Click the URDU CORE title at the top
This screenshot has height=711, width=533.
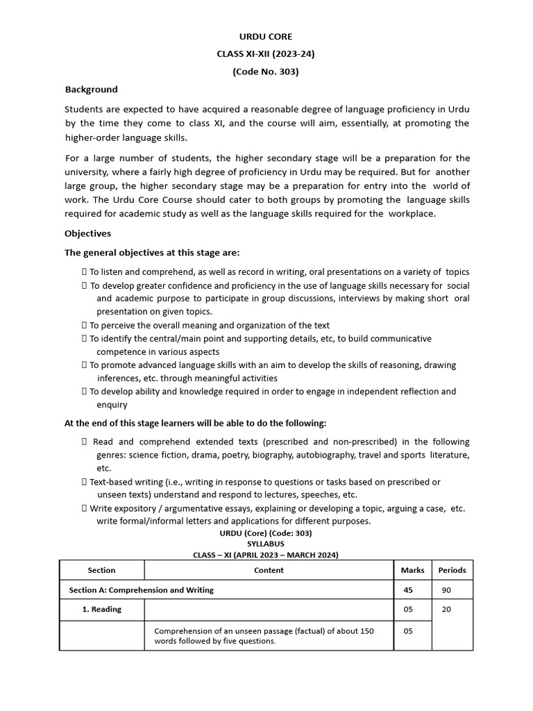click(x=266, y=36)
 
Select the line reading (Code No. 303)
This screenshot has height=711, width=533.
click(x=266, y=71)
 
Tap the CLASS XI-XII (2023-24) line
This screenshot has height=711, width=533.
click(x=266, y=53)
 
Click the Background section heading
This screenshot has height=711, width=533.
click(x=91, y=90)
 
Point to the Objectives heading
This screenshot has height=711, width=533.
click(x=87, y=233)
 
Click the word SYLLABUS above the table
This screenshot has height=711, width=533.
click(x=266, y=544)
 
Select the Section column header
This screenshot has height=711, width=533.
click(x=101, y=570)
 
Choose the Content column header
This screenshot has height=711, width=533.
click(x=269, y=570)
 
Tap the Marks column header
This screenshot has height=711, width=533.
click(x=412, y=570)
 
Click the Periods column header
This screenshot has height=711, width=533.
click(x=452, y=570)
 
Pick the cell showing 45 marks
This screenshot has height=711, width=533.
click(x=407, y=590)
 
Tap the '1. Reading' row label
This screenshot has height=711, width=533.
click(x=101, y=610)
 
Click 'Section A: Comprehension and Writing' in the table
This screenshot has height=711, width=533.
click(x=141, y=590)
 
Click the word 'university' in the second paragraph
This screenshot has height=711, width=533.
click(x=86, y=172)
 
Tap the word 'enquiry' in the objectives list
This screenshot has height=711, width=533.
click(x=112, y=405)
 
